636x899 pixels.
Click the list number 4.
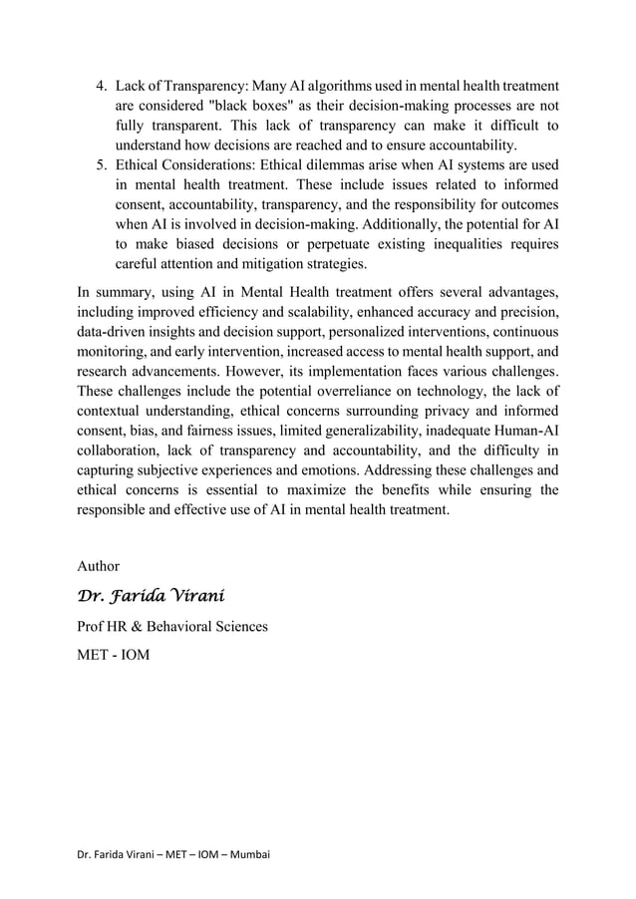(99, 87)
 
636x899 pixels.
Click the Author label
(98, 566)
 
